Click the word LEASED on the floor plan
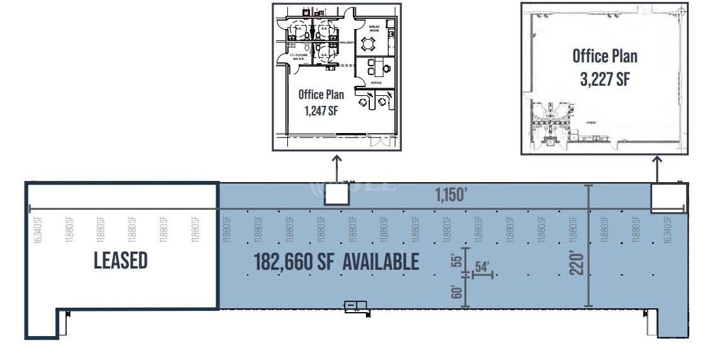(120, 260)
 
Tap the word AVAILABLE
(381, 262)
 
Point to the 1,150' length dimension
(451, 195)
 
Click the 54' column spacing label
(483, 267)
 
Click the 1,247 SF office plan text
(321, 102)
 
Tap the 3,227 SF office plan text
(604, 67)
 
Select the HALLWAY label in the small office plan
(347, 42)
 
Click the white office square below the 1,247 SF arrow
(336, 194)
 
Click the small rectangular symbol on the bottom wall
(356, 306)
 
